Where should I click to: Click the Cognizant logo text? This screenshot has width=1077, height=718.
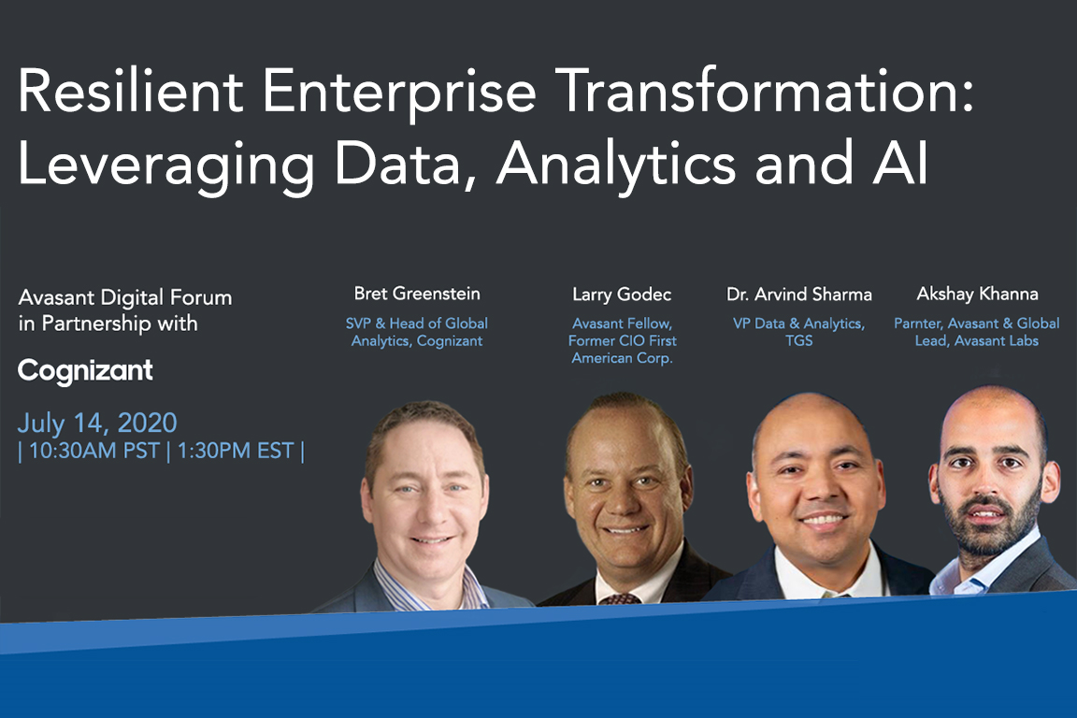pyautogui.click(x=85, y=371)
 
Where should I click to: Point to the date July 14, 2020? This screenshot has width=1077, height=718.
pyautogui.click(x=97, y=422)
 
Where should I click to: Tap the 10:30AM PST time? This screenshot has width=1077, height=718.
pyautogui.click(x=85, y=451)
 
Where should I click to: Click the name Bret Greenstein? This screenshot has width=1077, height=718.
pyautogui.click(x=417, y=294)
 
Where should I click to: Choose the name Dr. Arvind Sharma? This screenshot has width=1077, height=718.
pyautogui.click(x=799, y=294)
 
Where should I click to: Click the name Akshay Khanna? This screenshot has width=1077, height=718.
pyautogui.click(x=977, y=294)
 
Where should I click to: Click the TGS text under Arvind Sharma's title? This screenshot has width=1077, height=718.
pyautogui.click(x=799, y=341)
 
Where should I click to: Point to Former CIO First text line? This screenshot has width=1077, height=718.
pyautogui.click(x=623, y=341)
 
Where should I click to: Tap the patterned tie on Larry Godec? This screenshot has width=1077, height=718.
pyautogui.click(x=619, y=598)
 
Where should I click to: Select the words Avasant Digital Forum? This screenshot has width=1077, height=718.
pyautogui.click(x=124, y=298)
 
